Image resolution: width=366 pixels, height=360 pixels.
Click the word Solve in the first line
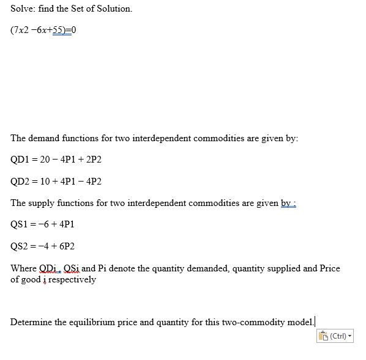point(22,9)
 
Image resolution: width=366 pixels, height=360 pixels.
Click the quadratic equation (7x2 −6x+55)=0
point(43,30)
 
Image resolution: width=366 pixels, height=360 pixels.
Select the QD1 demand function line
point(56,159)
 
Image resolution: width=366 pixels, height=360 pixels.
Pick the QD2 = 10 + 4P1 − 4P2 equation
point(56,181)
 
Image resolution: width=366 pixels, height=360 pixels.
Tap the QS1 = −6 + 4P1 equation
point(42,224)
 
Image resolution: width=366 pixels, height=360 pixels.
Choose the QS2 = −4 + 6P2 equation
point(42,246)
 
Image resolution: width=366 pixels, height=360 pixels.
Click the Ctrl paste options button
point(335,336)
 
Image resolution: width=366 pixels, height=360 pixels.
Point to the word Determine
point(31,322)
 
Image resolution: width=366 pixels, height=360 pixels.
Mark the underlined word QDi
point(48,268)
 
